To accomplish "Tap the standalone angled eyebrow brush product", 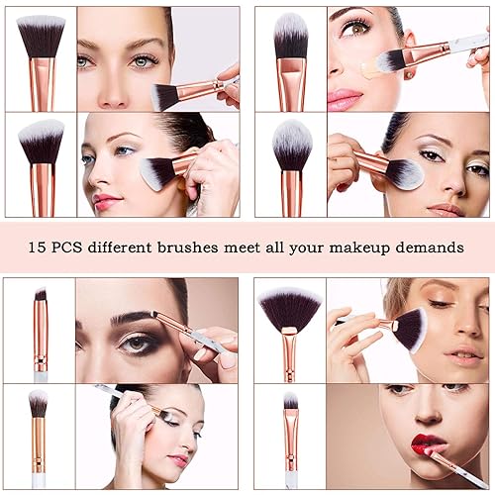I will point(41,332).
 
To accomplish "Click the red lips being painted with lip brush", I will point(429,443).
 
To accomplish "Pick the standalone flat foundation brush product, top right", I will point(291,59).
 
